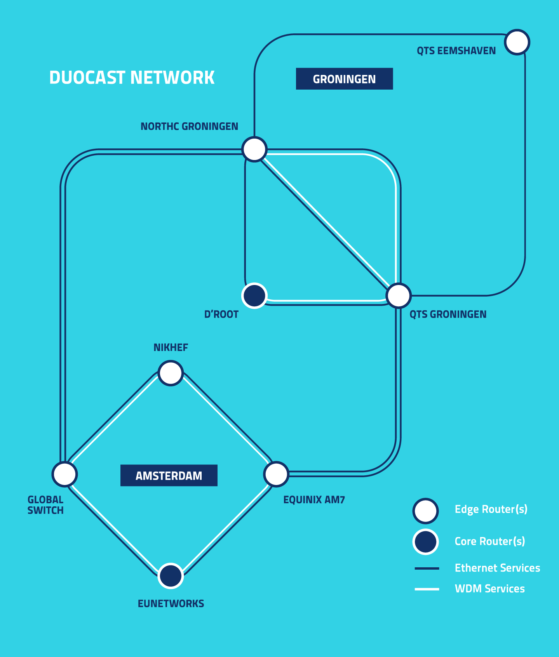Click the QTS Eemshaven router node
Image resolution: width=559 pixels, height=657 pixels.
517,42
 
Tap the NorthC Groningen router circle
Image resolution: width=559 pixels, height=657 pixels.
254,149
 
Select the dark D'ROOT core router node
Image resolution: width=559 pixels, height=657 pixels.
254,295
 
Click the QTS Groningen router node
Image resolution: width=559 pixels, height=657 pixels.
399,295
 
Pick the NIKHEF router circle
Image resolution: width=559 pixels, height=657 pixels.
171,373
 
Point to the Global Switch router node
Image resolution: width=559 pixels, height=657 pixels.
65,474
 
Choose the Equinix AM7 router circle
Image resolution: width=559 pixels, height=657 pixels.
276,474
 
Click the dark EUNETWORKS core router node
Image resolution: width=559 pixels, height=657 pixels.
171,575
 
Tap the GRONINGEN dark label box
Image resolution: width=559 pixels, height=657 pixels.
344,79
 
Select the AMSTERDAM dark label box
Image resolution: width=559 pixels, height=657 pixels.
169,475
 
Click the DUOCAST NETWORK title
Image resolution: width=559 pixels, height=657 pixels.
132,78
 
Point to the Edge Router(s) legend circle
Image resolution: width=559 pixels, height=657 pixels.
426,511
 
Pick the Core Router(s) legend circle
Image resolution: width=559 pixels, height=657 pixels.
426,542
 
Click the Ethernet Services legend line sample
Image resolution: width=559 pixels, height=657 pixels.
427,568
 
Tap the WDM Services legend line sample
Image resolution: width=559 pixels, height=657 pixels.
427,589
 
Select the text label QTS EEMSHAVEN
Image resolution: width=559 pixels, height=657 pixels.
456,51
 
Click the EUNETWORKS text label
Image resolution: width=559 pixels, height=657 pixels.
171,604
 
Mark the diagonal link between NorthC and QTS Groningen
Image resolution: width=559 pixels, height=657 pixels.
326,222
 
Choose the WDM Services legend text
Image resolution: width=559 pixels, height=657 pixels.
489,589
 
